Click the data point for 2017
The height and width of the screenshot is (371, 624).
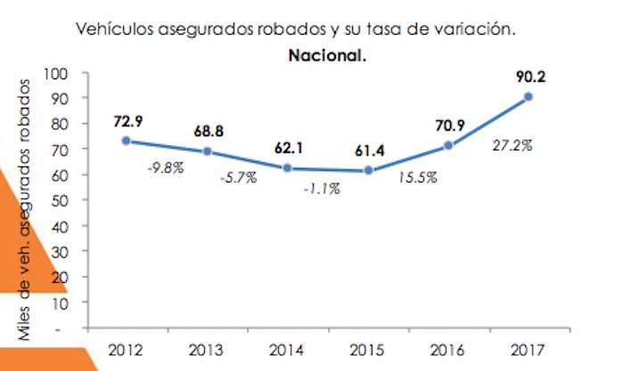click(x=529, y=96)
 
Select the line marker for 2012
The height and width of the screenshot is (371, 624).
click(x=126, y=141)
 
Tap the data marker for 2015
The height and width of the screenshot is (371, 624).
click(x=368, y=170)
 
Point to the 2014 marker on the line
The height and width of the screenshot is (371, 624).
click(x=287, y=167)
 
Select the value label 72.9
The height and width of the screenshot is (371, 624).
click(x=130, y=120)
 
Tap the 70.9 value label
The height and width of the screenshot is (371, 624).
click(x=448, y=125)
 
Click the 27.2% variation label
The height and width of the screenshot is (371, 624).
click(x=512, y=144)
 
